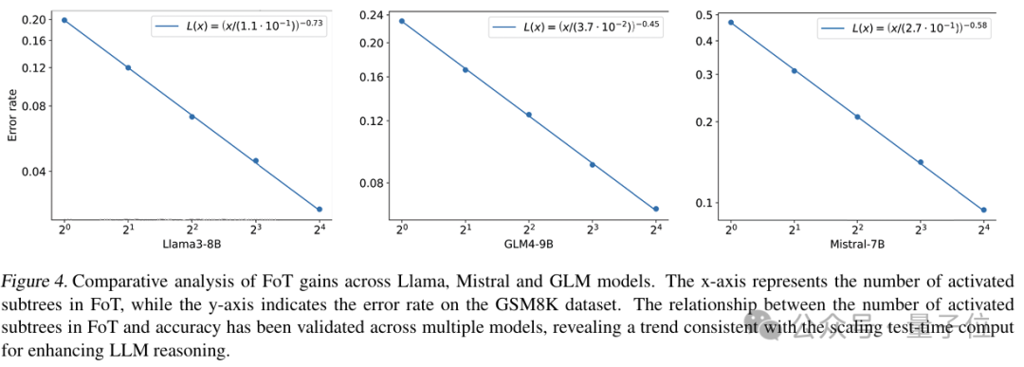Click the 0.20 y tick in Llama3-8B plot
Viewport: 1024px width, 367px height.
click(x=33, y=19)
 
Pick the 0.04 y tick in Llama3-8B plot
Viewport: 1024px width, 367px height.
click(x=33, y=172)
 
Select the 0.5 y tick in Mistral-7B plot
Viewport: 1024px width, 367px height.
click(x=703, y=14)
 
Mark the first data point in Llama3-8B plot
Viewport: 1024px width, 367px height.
click(x=64, y=20)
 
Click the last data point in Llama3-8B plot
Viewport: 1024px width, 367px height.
click(x=320, y=209)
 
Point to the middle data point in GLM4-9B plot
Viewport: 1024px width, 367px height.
click(x=528, y=115)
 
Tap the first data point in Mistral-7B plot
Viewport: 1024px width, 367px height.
click(x=730, y=22)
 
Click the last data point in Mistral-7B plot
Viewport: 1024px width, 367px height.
click(x=984, y=210)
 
